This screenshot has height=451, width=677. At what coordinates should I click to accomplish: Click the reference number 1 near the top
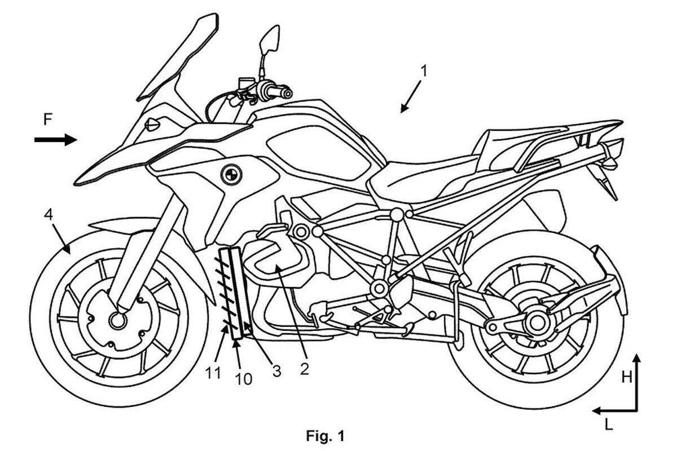pyautogui.click(x=424, y=71)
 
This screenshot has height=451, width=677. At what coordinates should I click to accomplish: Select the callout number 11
pyautogui.click(x=213, y=373)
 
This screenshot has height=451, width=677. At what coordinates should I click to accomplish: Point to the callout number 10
pyautogui.click(x=244, y=379)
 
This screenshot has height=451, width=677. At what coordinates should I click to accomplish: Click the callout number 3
pyautogui.click(x=276, y=372)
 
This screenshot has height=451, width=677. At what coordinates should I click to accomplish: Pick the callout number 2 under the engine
pyautogui.click(x=304, y=369)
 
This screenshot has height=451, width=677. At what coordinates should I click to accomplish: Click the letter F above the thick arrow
pyautogui.click(x=48, y=120)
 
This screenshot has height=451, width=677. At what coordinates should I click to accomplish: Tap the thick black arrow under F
pyautogui.click(x=56, y=140)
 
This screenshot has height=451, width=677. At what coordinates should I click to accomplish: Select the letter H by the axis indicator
pyautogui.click(x=627, y=377)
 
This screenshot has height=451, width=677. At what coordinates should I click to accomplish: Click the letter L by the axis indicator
pyautogui.click(x=609, y=425)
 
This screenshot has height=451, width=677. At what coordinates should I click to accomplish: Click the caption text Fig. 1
pyautogui.click(x=325, y=436)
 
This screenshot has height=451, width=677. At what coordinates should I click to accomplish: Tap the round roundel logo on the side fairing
pyautogui.click(x=231, y=175)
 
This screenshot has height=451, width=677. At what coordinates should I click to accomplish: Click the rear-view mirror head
pyautogui.click(x=269, y=39)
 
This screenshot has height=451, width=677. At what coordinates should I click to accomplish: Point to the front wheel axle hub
pyautogui.click(x=117, y=321)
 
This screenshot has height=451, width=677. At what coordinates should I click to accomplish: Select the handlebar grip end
pyautogui.click(x=287, y=94)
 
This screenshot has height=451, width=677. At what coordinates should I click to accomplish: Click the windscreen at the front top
pyautogui.click(x=178, y=58)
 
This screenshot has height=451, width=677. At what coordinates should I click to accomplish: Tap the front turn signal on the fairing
pyautogui.click(x=153, y=125)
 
